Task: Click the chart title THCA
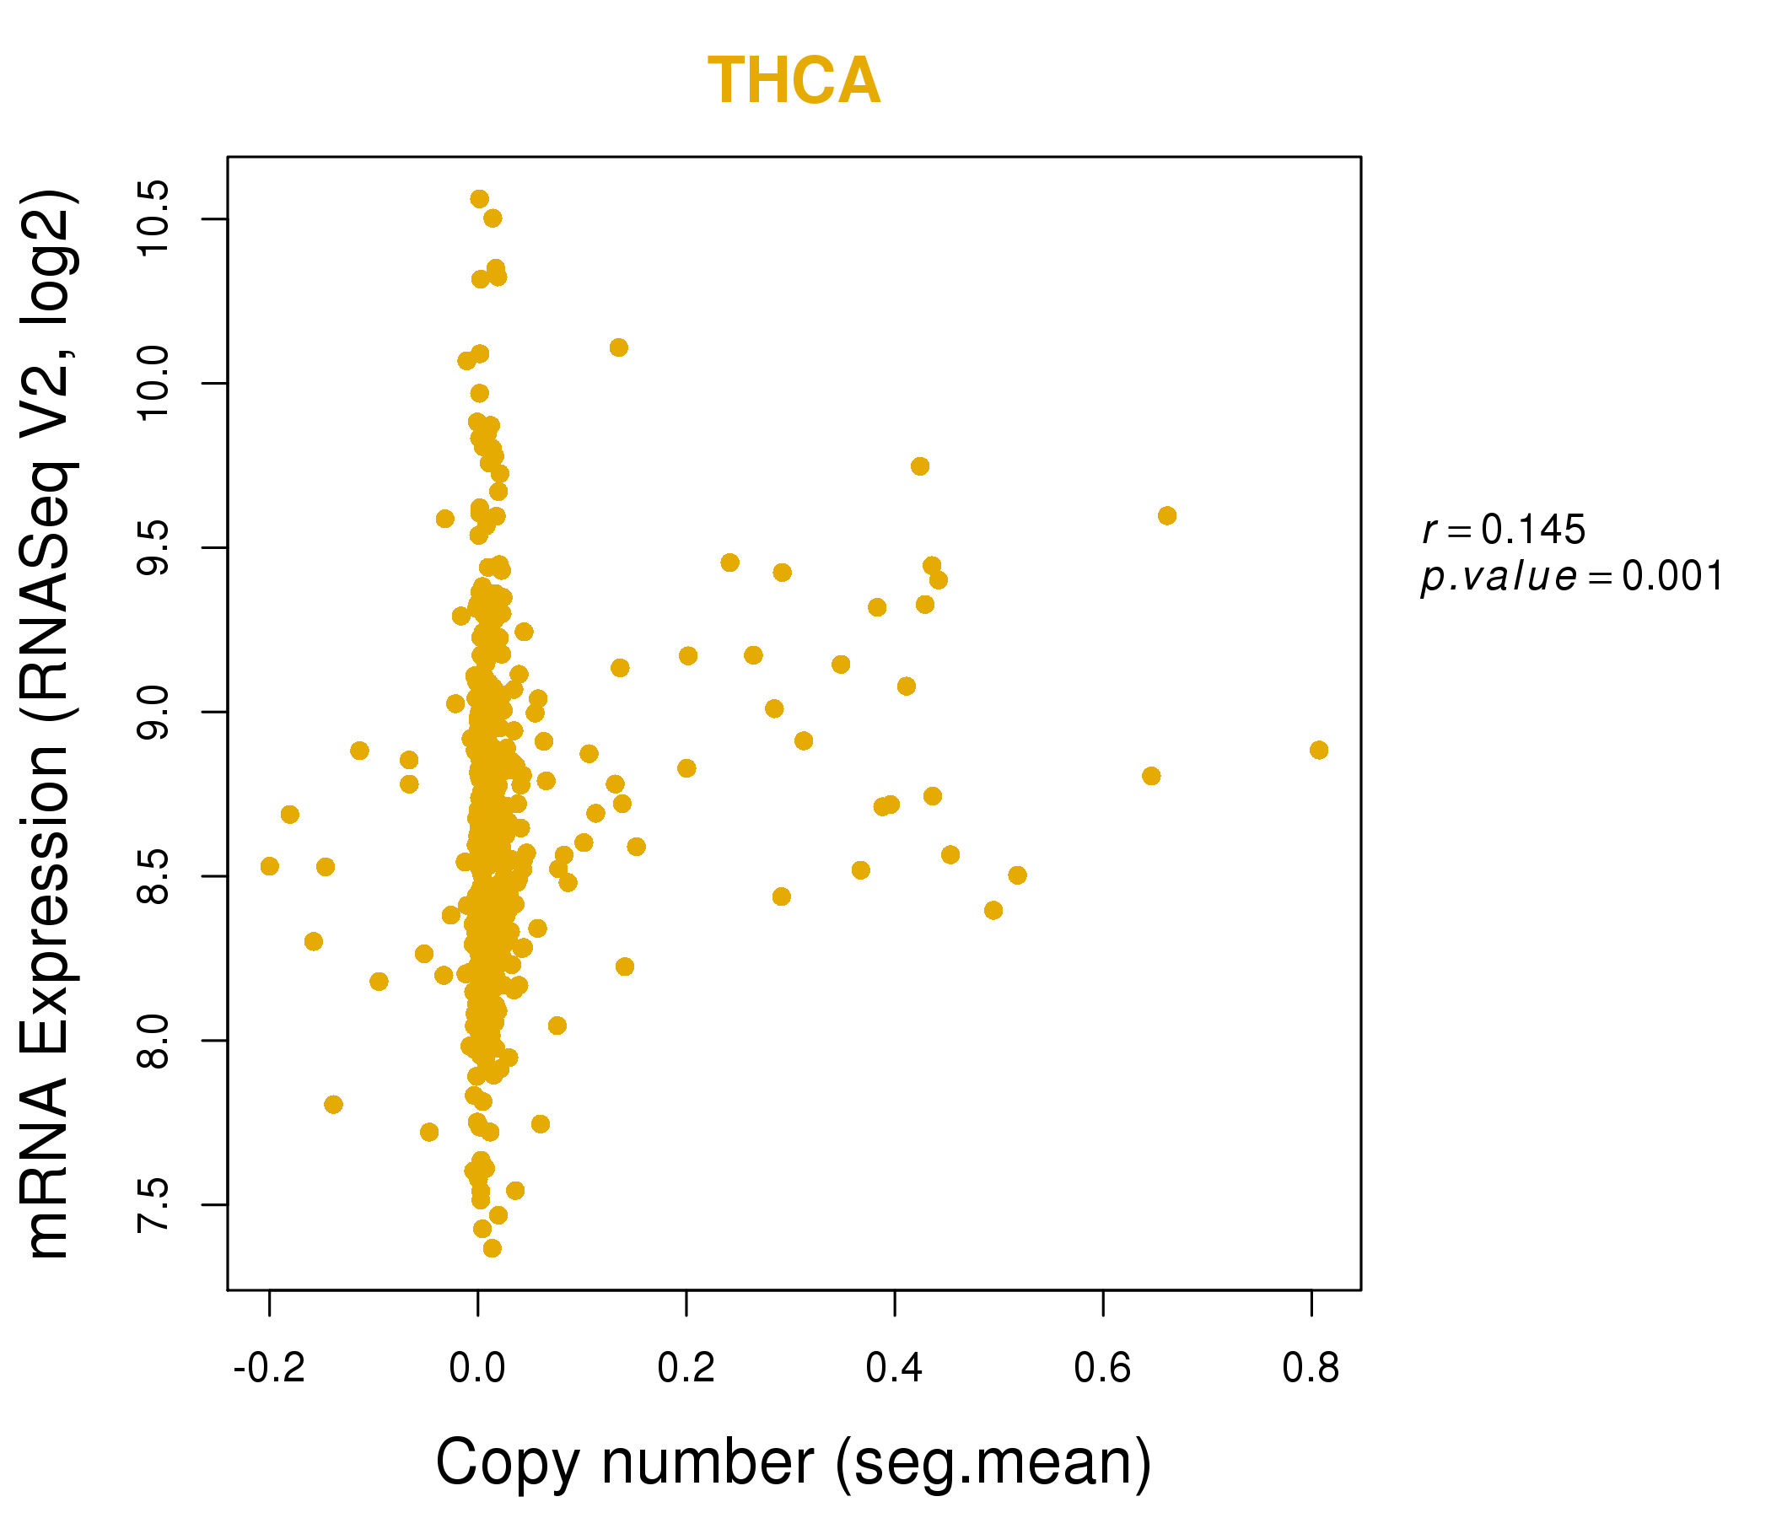tap(794, 81)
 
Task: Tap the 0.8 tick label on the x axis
tap(1311, 1369)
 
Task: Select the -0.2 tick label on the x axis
tap(268, 1369)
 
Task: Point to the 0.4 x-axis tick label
tap(894, 1369)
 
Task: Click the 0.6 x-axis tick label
tap(1102, 1369)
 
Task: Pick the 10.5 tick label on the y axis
tap(155, 218)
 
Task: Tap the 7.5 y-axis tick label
tap(155, 1204)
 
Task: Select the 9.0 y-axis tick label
tap(155, 711)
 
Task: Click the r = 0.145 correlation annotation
tap(1504, 530)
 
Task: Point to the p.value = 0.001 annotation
tap(1571, 577)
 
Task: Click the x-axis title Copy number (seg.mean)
tap(794, 1462)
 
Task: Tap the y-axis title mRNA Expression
tap(50, 724)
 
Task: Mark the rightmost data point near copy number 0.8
tap(1319, 750)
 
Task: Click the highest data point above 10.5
tap(480, 199)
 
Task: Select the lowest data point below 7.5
tap(493, 1248)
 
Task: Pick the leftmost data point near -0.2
tap(269, 866)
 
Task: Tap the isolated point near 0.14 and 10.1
tap(619, 347)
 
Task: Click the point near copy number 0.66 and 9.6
tap(1166, 515)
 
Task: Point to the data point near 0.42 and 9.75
tap(920, 466)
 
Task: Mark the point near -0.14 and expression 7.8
tap(333, 1104)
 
